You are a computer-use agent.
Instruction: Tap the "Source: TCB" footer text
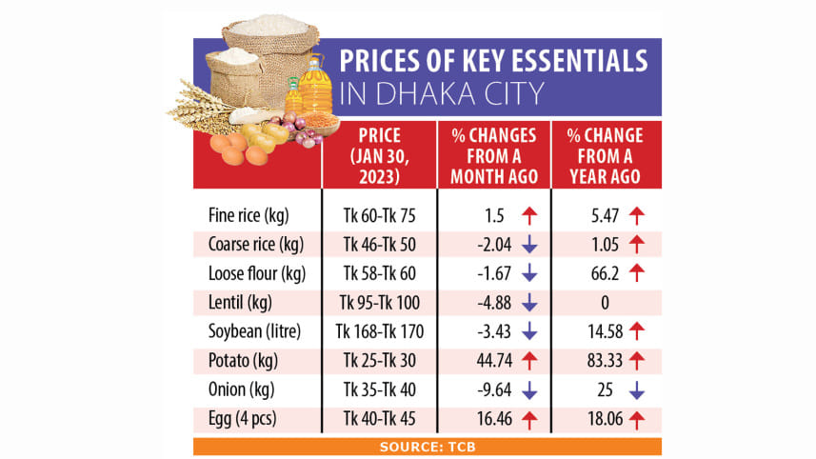(x=427, y=446)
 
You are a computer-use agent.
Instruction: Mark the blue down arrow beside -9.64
(x=530, y=391)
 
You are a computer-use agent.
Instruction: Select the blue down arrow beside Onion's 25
(x=638, y=391)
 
